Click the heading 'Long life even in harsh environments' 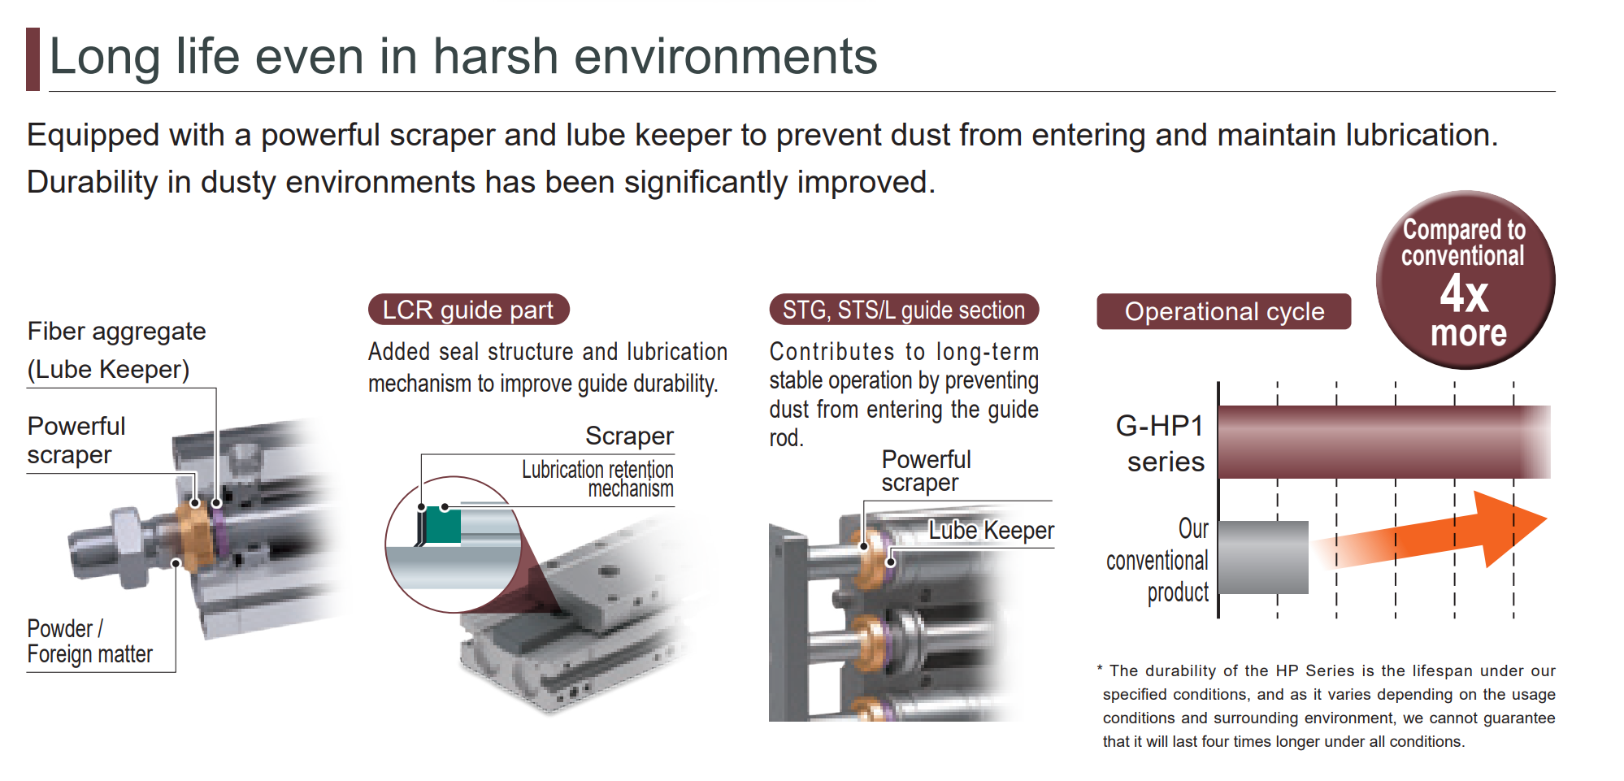tap(463, 57)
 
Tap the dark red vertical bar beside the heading tap(33, 59)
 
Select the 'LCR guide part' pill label tap(468, 310)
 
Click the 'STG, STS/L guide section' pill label tap(904, 310)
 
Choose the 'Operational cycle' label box tap(1224, 311)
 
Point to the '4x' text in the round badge tap(1465, 293)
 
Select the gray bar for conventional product tap(1264, 558)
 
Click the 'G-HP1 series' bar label tap(1161, 444)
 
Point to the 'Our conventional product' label tap(1158, 561)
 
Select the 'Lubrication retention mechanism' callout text tap(597, 479)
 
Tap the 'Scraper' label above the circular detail tap(629, 436)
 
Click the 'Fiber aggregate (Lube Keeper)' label tap(116, 350)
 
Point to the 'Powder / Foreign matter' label tap(89, 641)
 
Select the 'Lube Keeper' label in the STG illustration tap(991, 531)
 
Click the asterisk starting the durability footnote tap(1100, 669)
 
